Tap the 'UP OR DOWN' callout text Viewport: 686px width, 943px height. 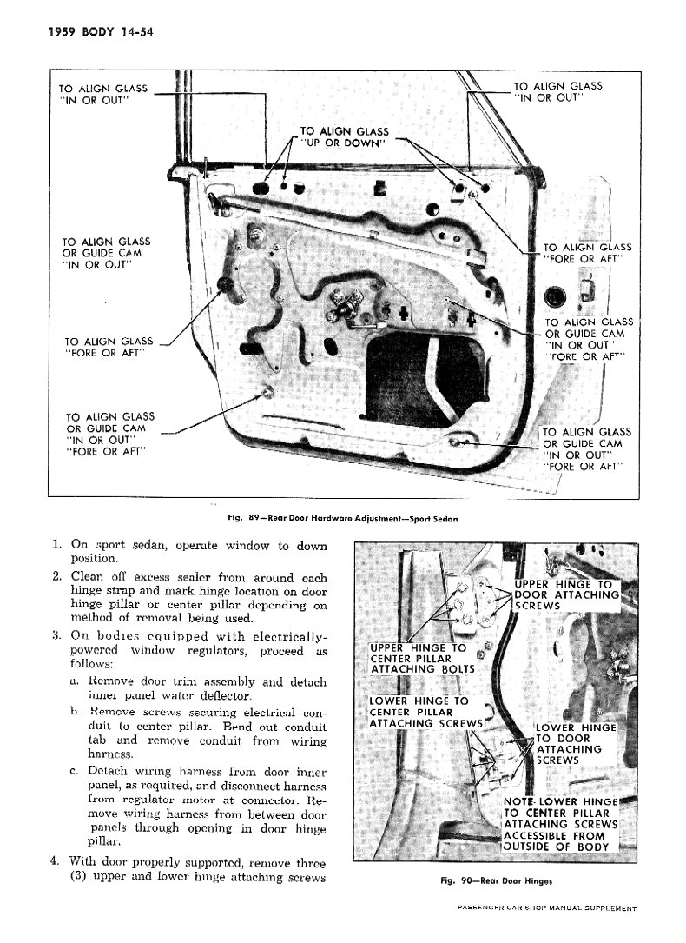coord(345,143)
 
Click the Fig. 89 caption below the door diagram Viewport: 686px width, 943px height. coord(342,518)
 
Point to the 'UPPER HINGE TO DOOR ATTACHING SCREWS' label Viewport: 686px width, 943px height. coord(565,594)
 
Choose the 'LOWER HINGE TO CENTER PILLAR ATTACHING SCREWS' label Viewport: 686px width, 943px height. coord(424,712)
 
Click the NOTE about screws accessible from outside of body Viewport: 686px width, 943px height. coord(561,823)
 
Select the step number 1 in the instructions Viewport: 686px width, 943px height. coord(56,546)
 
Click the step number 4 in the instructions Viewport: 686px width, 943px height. coord(55,863)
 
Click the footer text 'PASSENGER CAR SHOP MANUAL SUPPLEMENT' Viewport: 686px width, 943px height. coord(547,909)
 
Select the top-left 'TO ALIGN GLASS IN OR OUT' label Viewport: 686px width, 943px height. coord(102,94)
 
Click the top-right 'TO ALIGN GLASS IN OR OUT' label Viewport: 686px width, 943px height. coord(557,92)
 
